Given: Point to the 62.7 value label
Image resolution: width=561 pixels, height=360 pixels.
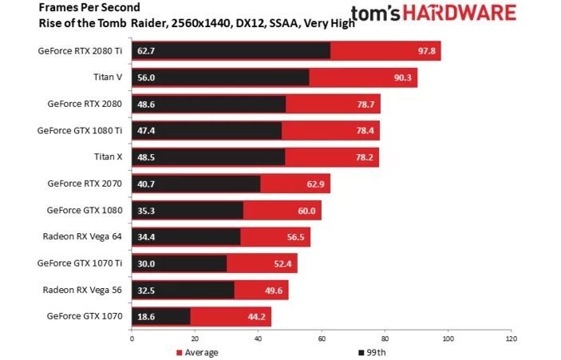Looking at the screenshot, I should pos(146,51).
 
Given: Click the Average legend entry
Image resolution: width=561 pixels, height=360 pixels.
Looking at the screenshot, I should pos(200,351).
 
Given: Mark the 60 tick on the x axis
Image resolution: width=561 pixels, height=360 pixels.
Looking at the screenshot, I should pos(321,338).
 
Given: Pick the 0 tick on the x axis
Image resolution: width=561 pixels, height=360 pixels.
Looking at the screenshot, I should pos(132,338).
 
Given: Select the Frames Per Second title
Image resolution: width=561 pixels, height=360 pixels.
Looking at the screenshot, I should pos(78,7).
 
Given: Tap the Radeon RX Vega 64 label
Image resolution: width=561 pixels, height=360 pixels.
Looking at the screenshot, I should pos(83,236).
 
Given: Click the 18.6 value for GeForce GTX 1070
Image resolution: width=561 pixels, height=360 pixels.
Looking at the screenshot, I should pos(146,316).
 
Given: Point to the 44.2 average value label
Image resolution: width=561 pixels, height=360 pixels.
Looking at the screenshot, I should pos(255,316).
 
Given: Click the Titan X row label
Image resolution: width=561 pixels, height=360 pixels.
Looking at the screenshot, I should pos(107,157).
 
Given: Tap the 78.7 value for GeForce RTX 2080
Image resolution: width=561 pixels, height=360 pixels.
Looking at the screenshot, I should pos(364,105).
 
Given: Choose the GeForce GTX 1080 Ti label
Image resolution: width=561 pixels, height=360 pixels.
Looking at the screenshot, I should pos(80,131).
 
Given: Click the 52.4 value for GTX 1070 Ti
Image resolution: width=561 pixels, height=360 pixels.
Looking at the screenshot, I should pos(281,263).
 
